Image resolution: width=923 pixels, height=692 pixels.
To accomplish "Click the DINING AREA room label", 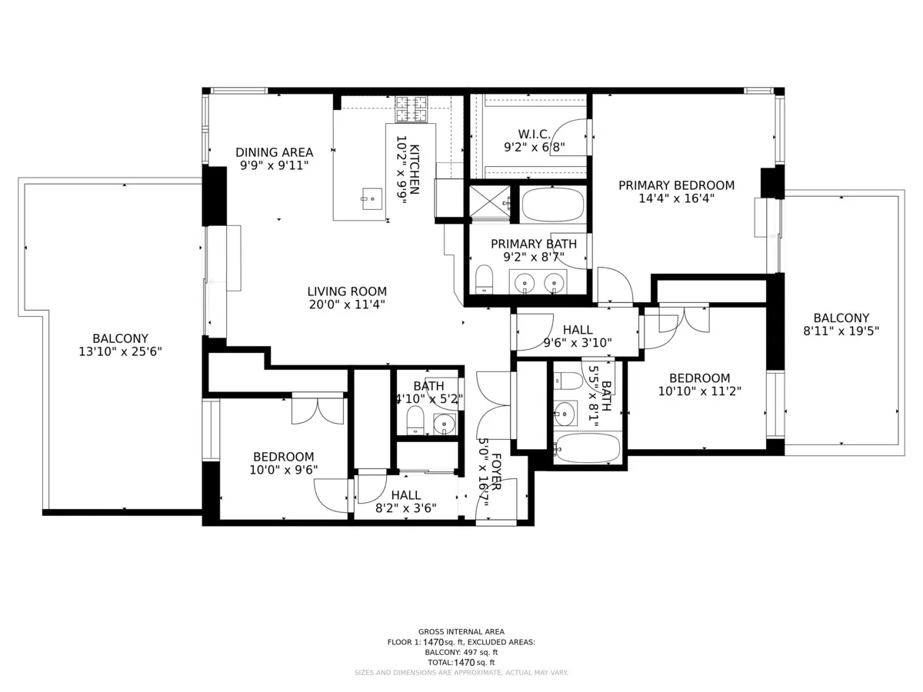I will (x=274, y=151).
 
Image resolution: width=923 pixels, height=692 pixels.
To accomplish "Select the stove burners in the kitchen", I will (x=412, y=109).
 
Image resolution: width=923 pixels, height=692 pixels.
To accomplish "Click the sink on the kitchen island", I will (x=372, y=198).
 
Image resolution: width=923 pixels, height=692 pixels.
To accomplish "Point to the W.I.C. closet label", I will (x=534, y=134).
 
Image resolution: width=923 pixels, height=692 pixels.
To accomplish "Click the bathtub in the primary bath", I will (x=552, y=205).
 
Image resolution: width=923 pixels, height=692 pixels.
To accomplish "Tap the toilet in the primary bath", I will (x=484, y=278).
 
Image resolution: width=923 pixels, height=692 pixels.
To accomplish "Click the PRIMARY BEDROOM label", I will (x=676, y=185).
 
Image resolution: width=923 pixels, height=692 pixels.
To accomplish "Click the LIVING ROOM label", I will (x=347, y=291).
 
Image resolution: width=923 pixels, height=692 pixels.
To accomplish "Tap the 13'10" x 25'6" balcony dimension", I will (x=120, y=351).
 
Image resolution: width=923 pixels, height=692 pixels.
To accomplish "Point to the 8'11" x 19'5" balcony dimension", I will (x=841, y=331).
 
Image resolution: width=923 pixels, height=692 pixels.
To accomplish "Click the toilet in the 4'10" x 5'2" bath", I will (x=415, y=420).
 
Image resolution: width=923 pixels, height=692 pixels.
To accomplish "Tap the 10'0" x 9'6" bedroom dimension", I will (x=283, y=469).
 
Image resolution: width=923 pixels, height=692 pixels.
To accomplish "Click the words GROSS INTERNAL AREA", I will (x=461, y=631).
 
